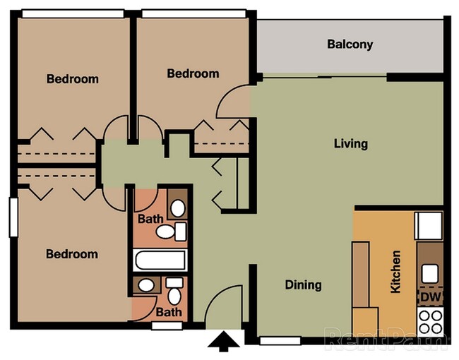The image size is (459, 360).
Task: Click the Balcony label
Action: (350, 44)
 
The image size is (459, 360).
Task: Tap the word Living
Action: (351, 144)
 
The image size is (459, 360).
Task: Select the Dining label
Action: (303, 284)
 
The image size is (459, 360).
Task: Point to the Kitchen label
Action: (395, 271)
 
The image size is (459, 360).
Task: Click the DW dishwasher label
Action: (431, 297)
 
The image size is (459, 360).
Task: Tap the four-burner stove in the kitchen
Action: (430, 321)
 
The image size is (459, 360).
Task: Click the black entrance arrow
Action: (223, 341)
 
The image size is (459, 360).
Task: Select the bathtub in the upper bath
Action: (160, 260)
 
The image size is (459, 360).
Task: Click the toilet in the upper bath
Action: (171, 232)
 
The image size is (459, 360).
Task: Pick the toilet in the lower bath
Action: (174, 291)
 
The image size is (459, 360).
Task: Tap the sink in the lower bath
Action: (146, 285)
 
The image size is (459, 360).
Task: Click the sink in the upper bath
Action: (178, 208)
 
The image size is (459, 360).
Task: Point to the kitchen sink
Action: (430, 273)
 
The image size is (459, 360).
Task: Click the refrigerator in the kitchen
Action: (429, 226)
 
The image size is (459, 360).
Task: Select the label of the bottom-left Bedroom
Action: (72, 254)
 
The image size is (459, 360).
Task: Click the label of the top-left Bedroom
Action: (73, 79)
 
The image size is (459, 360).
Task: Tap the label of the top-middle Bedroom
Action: (193, 73)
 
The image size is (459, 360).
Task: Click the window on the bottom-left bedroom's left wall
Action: (13, 217)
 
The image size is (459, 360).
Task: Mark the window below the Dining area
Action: (280, 341)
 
